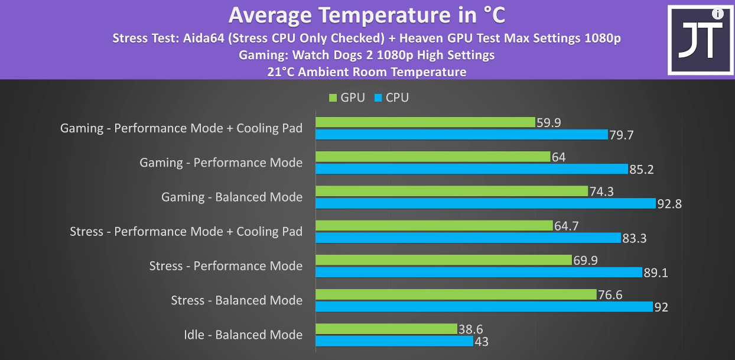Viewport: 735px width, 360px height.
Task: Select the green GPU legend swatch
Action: tap(333, 98)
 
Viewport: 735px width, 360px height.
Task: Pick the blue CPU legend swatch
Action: tap(378, 98)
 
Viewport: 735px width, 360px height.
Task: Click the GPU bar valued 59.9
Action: tap(425, 122)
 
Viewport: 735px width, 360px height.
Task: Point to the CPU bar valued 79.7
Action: tap(461, 135)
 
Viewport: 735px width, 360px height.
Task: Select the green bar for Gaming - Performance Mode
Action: tap(433, 157)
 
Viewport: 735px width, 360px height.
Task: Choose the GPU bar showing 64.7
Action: tap(434, 226)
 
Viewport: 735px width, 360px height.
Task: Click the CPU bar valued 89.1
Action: tap(479, 272)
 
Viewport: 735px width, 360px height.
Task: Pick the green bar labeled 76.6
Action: tap(456, 294)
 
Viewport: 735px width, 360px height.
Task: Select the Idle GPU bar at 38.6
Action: tap(386, 329)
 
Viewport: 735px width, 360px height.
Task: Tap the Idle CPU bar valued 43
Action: tap(394, 341)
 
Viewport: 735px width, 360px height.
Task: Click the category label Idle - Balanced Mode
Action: tap(243, 335)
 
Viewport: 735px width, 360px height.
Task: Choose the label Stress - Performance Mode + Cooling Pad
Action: tap(186, 232)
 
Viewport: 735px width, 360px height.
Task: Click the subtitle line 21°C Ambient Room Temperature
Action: tap(367, 72)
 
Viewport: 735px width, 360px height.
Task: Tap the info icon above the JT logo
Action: tap(717, 13)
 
